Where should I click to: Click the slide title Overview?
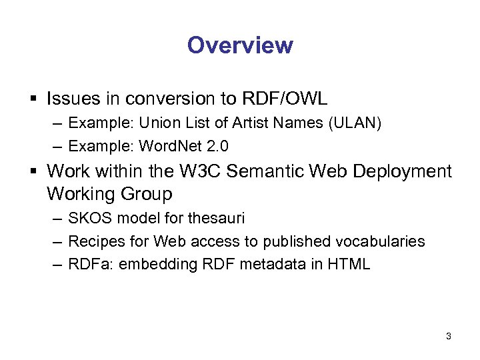click(x=240, y=45)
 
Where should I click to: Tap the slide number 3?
click(x=449, y=337)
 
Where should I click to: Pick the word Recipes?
click(x=95, y=241)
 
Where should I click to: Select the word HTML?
click(x=349, y=264)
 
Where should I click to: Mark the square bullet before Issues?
click(x=33, y=100)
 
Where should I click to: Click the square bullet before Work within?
click(x=33, y=172)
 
